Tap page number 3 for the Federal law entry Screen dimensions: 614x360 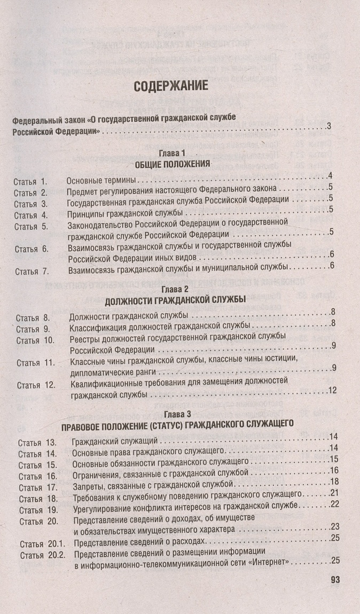[330, 126]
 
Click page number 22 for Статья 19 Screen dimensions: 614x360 [335, 504]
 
